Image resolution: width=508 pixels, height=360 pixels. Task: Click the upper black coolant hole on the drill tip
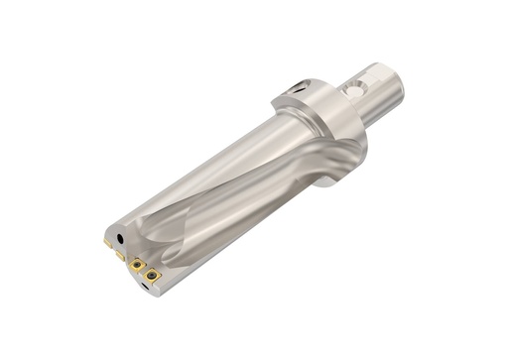(120, 239)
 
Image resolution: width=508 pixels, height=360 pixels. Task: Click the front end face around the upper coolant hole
(112, 236)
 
